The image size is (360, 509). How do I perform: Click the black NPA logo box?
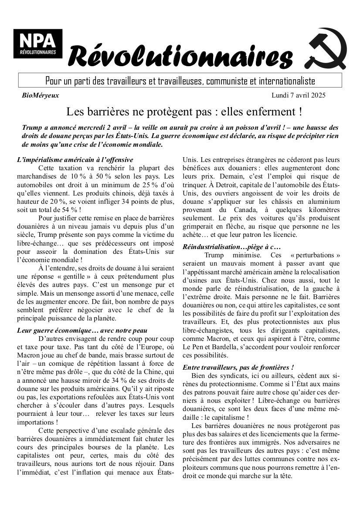37,44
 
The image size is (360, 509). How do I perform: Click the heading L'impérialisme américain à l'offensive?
75,160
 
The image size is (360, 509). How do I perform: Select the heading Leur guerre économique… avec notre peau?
82,330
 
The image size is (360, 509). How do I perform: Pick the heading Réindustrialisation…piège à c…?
231,247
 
